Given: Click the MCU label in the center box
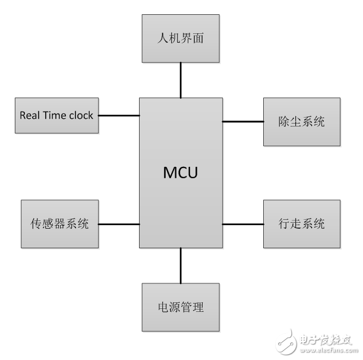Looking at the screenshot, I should pyautogui.click(x=180, y=173).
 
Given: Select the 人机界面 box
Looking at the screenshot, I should pyautogui.click(x=180, y=39).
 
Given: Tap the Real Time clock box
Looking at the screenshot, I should pyautogui.click(x=56, y=115).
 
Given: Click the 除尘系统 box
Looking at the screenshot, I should pyautogui.click(x=302, y=122).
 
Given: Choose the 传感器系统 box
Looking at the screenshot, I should pyautogui.click(x=59, y=224).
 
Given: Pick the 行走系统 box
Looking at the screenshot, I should pyautogui.click(x=302, y=224).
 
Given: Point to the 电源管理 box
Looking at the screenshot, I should pyautogui.click(x=181, y=307).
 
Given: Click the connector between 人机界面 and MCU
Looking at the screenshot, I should pyautogui.click(x=180, y=80).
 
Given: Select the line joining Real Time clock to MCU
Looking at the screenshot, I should pyautogui.click(x=119, y=115).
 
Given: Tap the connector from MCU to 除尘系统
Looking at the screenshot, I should pyautogui.click(x=242, y=122).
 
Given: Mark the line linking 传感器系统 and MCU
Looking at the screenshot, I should pyautogui.click(x=119, y=224).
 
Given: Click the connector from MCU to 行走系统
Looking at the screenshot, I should pyautogui.click(x=242, y=224).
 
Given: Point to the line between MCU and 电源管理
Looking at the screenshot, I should pyautogui.click(x=180, y=266).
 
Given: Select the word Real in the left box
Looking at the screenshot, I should pyautogui.click(x=29, y=115).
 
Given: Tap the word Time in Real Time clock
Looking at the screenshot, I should pyautogui.click(x=55, y=115).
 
